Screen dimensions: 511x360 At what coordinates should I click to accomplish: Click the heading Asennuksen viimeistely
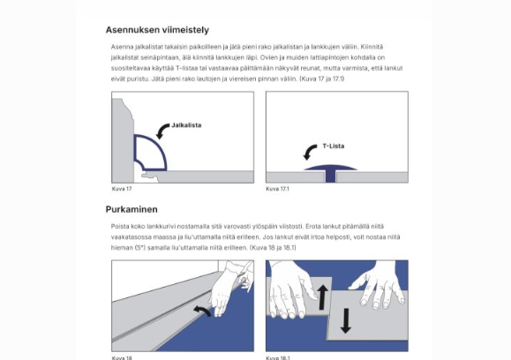157,30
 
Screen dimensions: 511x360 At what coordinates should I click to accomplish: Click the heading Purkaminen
132,209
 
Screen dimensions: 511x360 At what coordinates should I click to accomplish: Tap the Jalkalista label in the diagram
186,125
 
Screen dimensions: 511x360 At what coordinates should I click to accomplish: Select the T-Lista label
334,146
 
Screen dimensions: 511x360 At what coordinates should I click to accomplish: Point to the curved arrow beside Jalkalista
162,131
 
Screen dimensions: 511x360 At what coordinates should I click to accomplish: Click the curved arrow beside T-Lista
309,152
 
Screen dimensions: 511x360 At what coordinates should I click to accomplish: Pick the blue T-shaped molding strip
330,173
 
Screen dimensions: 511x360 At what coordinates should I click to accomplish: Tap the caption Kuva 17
122,189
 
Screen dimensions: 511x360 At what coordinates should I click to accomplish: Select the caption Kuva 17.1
277,189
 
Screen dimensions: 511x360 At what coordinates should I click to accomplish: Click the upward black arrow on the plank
323,296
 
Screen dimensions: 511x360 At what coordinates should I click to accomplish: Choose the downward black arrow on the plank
346,321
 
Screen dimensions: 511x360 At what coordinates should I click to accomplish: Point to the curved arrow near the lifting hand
203,311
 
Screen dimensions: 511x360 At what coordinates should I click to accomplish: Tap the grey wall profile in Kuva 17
123,140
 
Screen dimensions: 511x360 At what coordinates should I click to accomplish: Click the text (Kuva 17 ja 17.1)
321,79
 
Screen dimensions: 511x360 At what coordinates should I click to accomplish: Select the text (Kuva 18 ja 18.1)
273,248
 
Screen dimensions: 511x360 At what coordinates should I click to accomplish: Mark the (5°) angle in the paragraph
139,248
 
